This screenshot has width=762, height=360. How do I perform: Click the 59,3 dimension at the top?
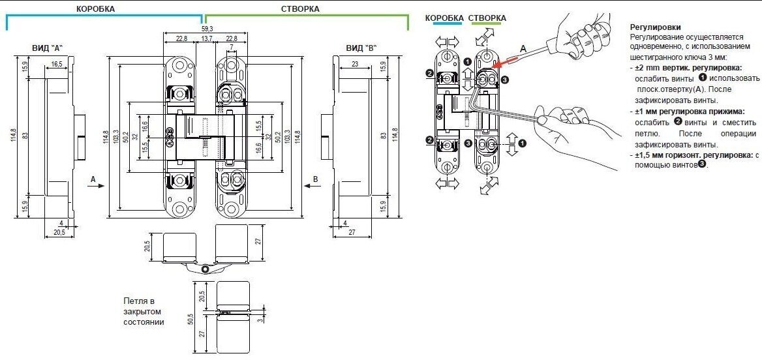(206, 29)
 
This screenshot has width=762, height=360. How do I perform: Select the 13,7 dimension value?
(207, 40)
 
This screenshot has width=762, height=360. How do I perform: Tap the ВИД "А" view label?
(47, 49)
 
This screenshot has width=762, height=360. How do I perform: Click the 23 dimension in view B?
(355, 65)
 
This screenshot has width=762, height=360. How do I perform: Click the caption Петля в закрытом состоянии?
(144, 312)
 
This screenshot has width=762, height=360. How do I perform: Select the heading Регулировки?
(656, 27)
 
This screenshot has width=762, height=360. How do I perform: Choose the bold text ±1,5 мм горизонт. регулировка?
(692, 155)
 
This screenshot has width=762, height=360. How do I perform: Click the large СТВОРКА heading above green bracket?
(300, 9)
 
